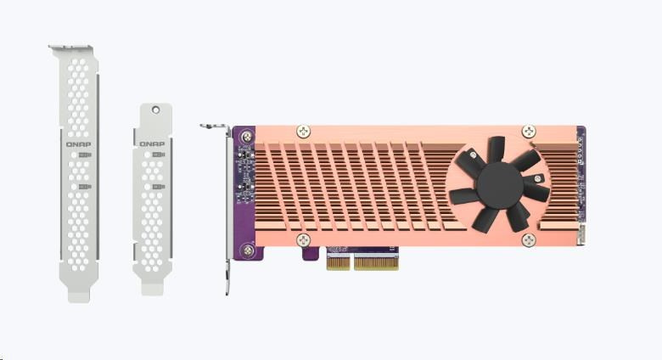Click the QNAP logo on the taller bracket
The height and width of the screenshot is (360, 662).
(x=78, y=144)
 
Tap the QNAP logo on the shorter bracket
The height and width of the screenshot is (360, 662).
(x=152, y=144)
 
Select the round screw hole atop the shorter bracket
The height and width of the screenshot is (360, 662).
(x=156, y=110)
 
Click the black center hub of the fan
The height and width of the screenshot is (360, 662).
(x=500, y=184)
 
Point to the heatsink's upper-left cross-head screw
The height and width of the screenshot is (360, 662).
(x=303, y=132)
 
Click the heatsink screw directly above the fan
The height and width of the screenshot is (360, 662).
(x=529, y=132)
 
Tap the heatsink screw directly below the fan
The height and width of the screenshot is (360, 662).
(x=529, y=240)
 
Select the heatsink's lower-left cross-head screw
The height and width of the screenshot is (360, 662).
(x=303, y=240)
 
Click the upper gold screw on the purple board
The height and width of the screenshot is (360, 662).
(x=247, y=137)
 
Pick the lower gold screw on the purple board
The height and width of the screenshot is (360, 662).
(x=248, y=251)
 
